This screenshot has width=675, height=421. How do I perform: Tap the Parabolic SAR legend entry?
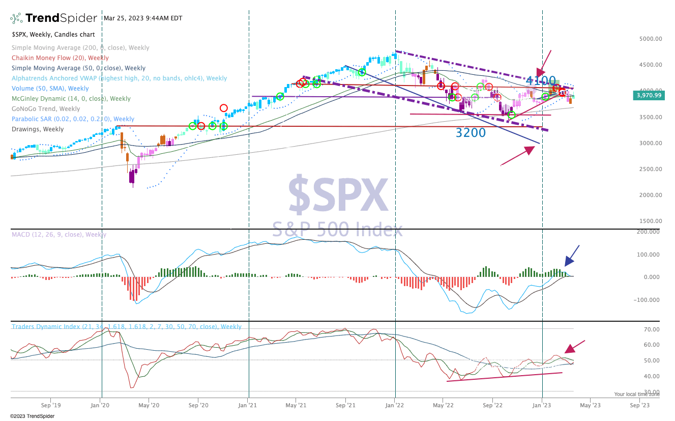pos(73,119)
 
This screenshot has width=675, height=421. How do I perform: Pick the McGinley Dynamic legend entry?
pos(71,99)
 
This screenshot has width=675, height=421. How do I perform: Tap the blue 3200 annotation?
pos(471,133)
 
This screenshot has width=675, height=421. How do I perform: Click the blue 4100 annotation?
pos(540,81)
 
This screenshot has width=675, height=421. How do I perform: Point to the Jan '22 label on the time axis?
pos(395,405)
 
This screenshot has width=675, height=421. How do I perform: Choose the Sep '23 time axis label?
pos(639,405)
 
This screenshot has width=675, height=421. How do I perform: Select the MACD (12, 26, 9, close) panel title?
pos(59,235)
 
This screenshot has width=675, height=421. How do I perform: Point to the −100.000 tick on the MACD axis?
pos(646,300)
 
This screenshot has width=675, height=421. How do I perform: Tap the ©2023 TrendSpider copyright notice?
pos(33,416)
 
